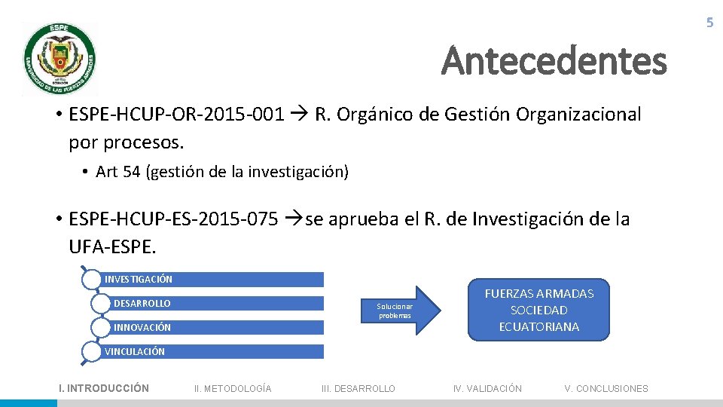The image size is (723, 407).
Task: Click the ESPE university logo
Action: pos(59,58)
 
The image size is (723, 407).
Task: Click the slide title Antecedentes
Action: pos(554,61)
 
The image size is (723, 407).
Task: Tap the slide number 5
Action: pos(709,23)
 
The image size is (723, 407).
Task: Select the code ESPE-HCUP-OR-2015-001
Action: pos(176,115)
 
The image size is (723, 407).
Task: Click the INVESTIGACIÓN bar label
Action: pos(139,280)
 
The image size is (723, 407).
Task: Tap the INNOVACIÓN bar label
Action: pos(142,328)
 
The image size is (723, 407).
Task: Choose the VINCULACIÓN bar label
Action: pos(135,351)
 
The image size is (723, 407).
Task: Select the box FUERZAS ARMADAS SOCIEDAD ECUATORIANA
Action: pos(538,310)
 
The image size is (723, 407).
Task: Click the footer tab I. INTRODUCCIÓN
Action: pos(104,388)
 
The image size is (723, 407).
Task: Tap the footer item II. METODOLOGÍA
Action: pos(233,388)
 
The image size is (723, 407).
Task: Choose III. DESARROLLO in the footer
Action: pos(358,388)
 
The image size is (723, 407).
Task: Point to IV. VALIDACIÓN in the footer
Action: pos(487,388)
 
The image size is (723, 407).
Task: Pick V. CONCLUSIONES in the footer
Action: pos(606,388)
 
